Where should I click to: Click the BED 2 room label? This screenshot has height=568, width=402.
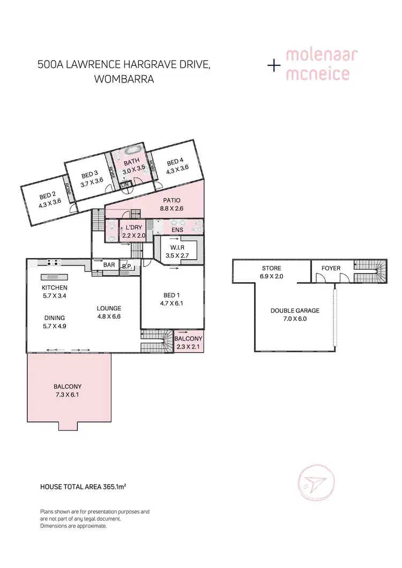[x=47, y=195]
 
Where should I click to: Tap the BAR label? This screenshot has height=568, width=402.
[x=109, y=265]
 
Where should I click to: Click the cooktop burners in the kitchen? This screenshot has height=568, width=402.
[x=53, y=262]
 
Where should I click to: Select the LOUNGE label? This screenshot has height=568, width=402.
[x=109, y=308]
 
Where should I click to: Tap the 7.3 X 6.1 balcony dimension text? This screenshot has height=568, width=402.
[x=67, y=395]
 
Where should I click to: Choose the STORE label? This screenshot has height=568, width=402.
[x=271, y=268]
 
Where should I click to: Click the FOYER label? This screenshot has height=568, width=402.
[x=331, y=268]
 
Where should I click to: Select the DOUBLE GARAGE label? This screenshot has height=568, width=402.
[x=295, y=310]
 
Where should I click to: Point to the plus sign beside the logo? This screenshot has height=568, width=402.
[x=274, y=66]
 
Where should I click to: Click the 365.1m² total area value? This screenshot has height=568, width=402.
[x=112, y=487]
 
